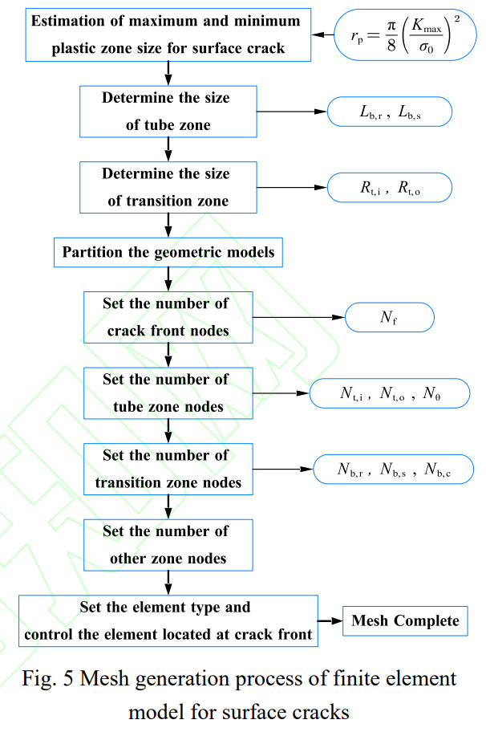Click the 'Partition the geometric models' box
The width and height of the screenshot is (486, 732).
168,252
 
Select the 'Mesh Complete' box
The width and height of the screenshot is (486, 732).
404,620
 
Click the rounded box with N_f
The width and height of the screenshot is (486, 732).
389,318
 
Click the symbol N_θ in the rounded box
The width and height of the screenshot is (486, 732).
431,393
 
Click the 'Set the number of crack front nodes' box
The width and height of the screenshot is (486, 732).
168,317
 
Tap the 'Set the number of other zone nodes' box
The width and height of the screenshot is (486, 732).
168,544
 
